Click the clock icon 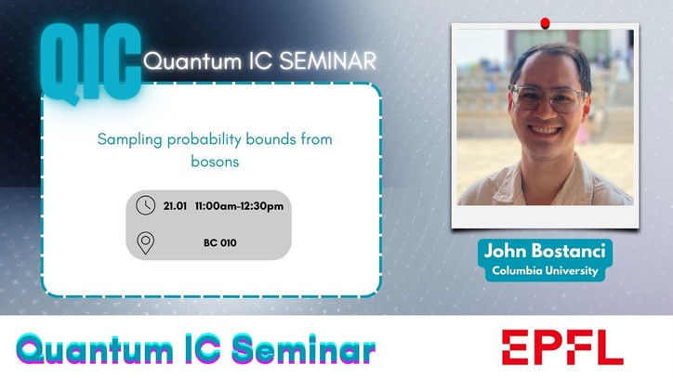pos(146,205)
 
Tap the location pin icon pos(146,242)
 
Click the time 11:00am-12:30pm pos(239,206)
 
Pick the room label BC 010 pos(220,243)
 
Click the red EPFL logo pos(562,347)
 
